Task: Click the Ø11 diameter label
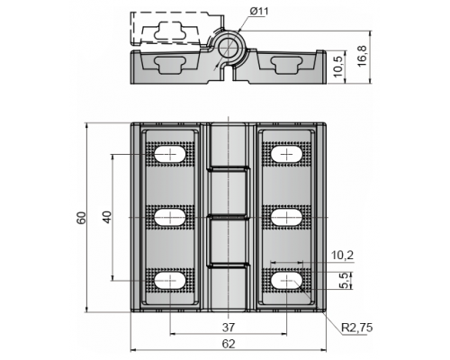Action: [x=259, y=12]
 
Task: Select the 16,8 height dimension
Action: [x=362, y=56]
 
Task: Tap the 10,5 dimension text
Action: [x=338, y=67]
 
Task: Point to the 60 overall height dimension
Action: [x=81, y=218]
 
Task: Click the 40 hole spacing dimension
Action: [x=107, y=217]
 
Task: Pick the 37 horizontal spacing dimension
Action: [x=229, y=328]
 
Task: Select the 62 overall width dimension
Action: [x=229, y=344]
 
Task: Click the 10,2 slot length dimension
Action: [x=342, y=256]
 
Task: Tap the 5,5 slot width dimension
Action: [x=346, y=281]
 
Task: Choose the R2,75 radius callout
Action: [x=357, y=328]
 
